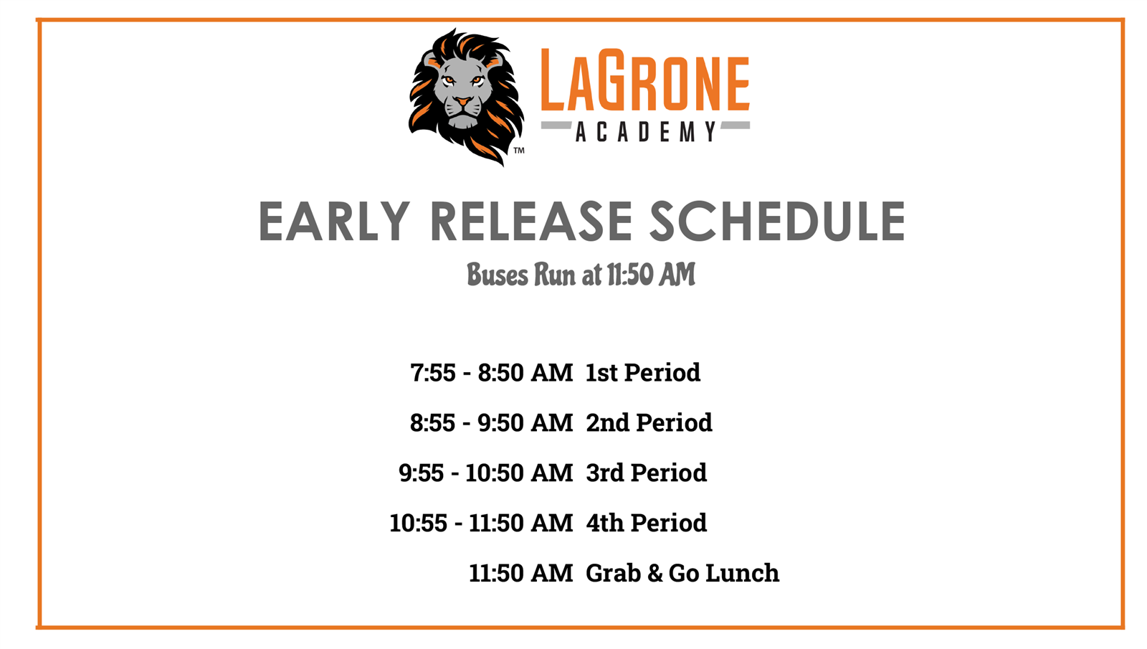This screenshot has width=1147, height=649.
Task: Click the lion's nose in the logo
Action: pos(463,101)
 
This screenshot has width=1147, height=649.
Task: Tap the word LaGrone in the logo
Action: pos(645,80)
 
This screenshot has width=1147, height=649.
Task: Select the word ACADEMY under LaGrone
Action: pos(646,132)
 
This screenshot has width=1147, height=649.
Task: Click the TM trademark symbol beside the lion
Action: pos(519,150)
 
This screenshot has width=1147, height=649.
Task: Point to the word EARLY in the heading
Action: pos(334,222)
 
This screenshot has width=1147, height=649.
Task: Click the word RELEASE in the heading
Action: pos(532,222)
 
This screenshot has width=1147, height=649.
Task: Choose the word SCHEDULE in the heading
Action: pos(777,222)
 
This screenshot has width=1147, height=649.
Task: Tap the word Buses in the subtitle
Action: pos(498,275)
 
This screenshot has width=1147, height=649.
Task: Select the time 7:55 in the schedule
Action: pos(433,372)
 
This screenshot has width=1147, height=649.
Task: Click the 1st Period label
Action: pos(642,372)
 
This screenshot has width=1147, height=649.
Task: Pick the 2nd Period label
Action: pos(649,422)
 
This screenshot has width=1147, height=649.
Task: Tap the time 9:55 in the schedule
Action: pos(421,473)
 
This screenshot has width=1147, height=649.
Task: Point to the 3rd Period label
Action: pos(646,473)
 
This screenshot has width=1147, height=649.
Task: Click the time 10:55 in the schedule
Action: pos(419,523)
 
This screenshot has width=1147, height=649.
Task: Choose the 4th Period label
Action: pos(646,523)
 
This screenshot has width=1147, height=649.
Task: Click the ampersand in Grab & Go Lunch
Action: pos(655,573)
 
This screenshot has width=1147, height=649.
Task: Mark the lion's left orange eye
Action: pos(449,80)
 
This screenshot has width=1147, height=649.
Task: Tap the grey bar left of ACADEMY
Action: pos(556,125)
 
